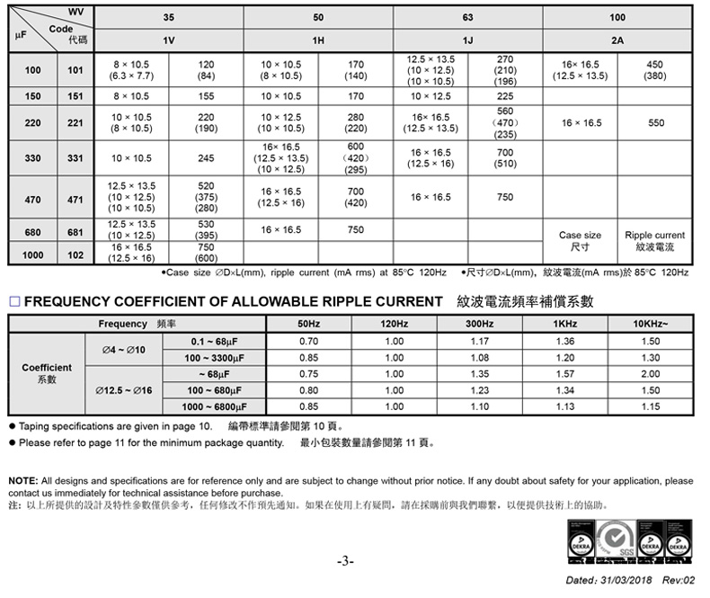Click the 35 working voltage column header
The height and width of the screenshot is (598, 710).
[x=168, y=17]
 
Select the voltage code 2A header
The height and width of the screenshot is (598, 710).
[x=617, y=40]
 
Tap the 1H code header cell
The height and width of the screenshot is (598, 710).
[x=318, y=40]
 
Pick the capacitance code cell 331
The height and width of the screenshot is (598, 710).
[x=75, y=158]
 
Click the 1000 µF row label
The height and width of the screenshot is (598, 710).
[x=33, y=254]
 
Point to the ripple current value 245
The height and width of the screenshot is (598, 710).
[x=206, y=158]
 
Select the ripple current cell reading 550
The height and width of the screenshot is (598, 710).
[x=654, y=123]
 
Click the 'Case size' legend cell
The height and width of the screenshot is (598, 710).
[x=580, y=240]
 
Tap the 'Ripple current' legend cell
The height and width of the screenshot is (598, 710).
[x=654, y=240]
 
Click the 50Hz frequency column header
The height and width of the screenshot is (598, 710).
[x=308, y=324]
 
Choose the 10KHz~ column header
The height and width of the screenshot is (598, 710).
[x=651, y=324]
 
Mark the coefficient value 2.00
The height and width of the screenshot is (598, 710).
[x=651, y=374]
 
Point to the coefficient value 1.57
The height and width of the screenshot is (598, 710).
[x=565, y=374]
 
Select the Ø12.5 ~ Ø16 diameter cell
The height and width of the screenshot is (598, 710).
[x=122, y=391]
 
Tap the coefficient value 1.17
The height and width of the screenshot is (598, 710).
[x=479, y=342]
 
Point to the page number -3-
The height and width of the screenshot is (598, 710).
[x=346, y=561]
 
